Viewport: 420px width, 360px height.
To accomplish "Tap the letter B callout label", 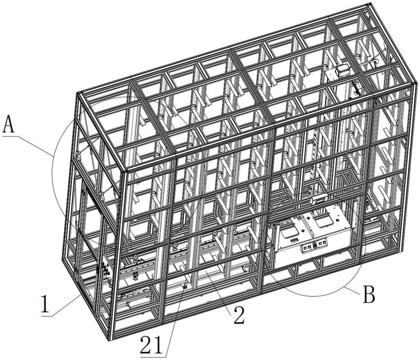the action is pyautogui.click(x=369, y=295).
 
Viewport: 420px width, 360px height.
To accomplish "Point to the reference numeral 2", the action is pyautogui.click(x=239, y=315).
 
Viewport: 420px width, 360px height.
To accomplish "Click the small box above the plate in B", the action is pyautogui.click(x=319, y=200).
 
